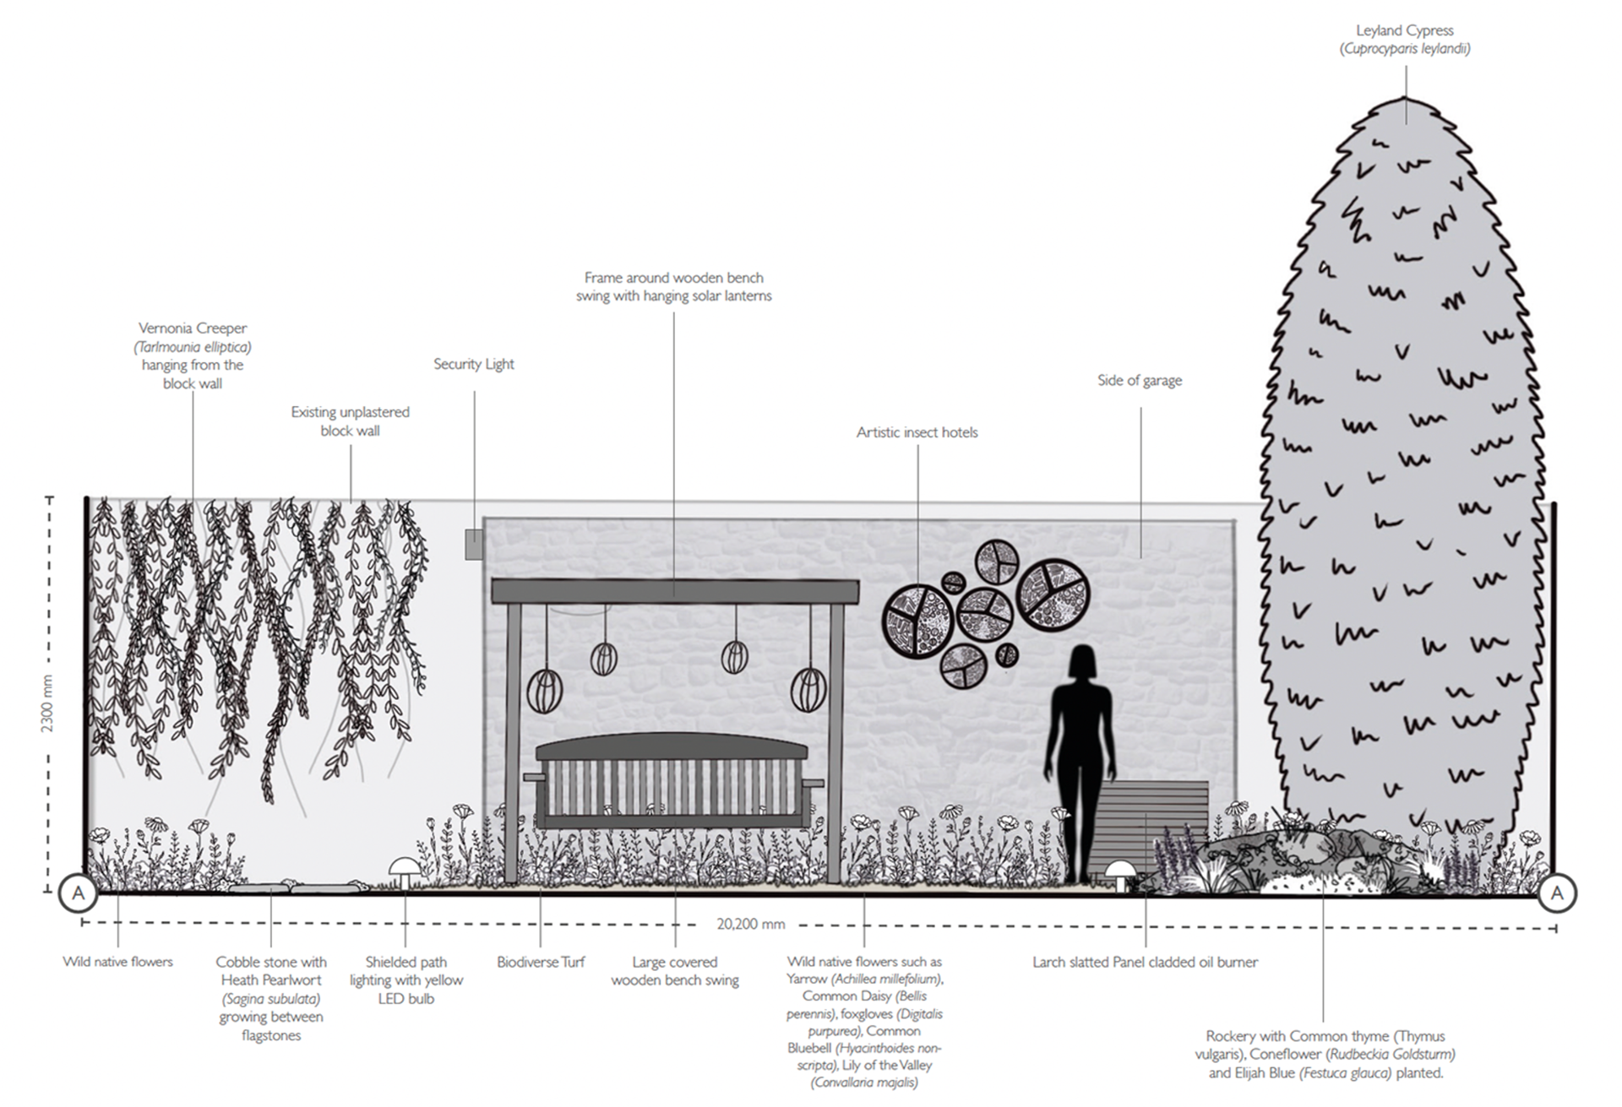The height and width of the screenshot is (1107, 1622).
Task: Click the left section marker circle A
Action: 79,893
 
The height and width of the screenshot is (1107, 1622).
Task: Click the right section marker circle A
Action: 1557,893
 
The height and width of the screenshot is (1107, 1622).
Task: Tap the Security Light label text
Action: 473,364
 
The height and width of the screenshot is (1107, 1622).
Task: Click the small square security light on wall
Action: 474,545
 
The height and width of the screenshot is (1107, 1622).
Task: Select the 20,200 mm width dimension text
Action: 750,924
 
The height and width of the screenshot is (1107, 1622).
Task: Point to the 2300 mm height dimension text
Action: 47,703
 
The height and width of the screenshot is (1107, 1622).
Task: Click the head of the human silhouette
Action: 1081,663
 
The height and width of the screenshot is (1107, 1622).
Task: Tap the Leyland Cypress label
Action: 1404,30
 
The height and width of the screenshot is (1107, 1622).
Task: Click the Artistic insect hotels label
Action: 917,432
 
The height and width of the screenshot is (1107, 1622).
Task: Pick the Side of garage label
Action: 1139,380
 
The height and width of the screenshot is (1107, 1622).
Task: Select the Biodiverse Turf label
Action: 541,962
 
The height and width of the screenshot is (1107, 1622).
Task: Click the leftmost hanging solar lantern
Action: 545,692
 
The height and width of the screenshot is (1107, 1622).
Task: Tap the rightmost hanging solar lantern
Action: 808,689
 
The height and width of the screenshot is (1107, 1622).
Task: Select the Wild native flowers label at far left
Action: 117,962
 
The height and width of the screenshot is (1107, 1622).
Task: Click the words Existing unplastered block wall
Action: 350,421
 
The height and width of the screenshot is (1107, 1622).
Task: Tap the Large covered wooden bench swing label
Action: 674,971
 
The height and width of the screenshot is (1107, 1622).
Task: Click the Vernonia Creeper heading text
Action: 193,328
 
